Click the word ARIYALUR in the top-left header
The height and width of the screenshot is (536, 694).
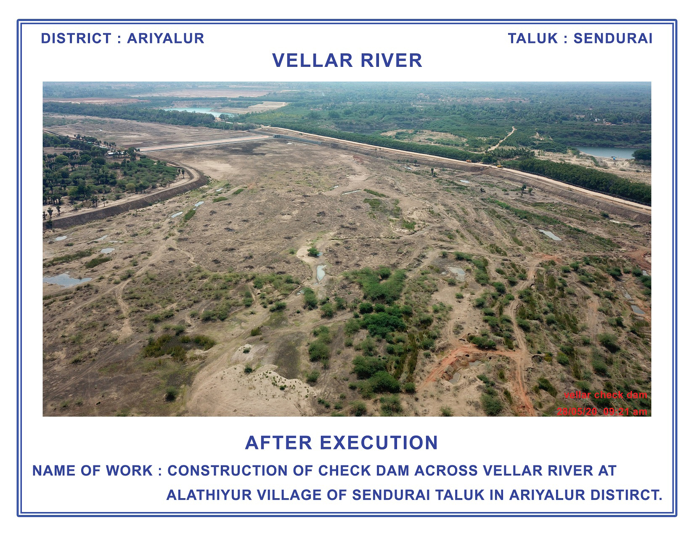[x=165, y=38]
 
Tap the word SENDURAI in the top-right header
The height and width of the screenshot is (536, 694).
[x=613, y=38]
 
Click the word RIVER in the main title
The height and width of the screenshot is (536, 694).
[x=392, y=61]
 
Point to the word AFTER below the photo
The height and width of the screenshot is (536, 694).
[x=278, y=443]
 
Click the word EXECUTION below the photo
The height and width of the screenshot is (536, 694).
[x=379, y=443]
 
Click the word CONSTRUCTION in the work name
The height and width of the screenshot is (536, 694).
[x=228, y=470]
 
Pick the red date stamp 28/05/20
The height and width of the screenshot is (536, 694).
[x=577, y=412]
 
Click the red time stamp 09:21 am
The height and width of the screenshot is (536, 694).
[x=625, y=412]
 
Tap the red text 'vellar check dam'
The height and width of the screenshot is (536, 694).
[x=606, y=395]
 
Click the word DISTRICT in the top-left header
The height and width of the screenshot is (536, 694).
[x=76, y=38]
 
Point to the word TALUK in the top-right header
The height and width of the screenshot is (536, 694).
[x=533, y=38]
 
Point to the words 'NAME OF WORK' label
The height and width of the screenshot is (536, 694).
[x=93, y=470]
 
